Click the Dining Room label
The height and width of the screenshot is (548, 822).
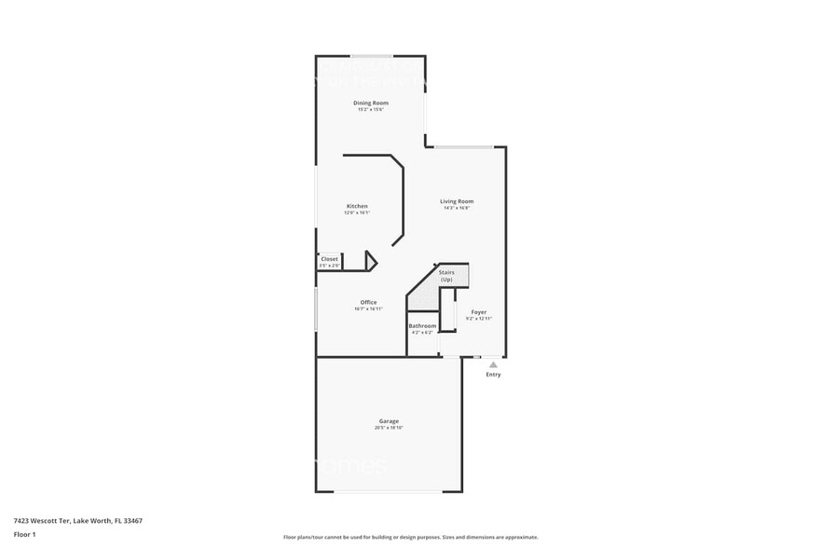370,103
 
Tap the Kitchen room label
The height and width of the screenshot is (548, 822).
357,206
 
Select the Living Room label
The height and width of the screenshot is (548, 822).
457,201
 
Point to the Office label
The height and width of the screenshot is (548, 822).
368,302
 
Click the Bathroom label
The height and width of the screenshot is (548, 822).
422,325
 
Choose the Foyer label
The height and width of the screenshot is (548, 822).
478,312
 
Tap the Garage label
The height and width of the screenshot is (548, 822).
388,421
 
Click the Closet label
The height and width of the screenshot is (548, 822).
330,259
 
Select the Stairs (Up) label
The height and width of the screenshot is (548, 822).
446,276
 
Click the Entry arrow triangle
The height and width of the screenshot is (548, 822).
493,365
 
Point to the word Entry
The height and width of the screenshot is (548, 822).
493,375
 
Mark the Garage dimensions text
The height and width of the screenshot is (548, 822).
388,428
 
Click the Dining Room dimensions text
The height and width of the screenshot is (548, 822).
370,109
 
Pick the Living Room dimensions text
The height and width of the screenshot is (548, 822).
457,208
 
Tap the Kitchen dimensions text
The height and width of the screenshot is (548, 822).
357,212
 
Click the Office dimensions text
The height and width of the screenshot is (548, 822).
368,308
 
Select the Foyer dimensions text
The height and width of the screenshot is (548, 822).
478,319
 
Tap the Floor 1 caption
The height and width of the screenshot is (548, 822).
24,534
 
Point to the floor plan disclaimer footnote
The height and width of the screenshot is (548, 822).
410,537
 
